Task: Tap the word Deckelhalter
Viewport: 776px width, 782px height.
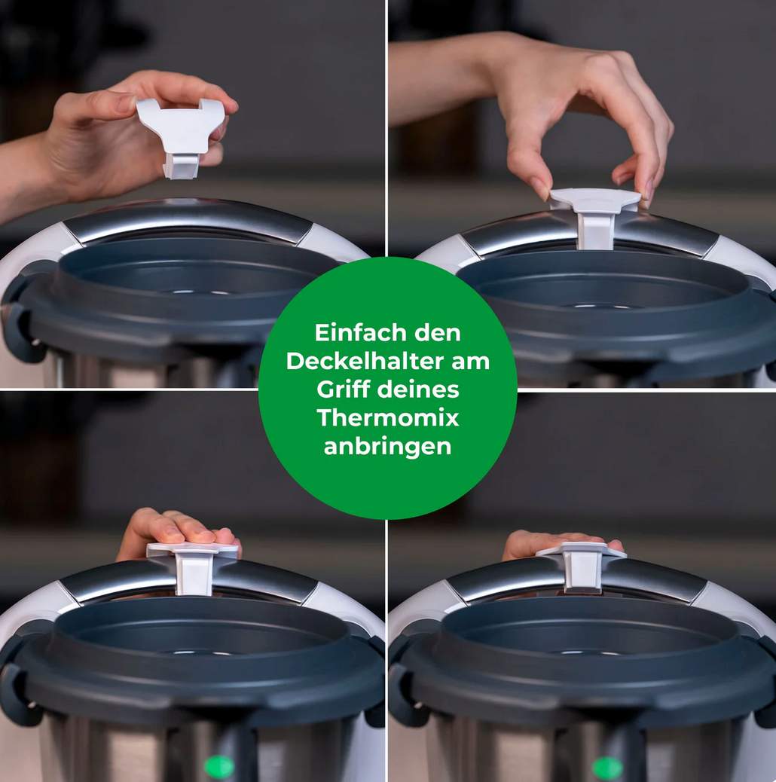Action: pos(365,361)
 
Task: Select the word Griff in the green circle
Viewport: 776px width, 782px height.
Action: pos(343,389)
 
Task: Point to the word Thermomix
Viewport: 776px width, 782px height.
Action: pos(387,418)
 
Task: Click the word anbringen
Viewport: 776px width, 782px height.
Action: pos(387,447)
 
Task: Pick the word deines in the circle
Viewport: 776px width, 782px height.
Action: pos(418,389)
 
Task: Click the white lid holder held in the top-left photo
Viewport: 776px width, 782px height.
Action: pos(182,135)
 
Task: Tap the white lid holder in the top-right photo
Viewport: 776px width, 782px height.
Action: pos(594,215)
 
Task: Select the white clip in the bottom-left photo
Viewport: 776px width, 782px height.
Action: pos(193,566)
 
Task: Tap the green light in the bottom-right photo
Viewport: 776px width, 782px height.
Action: pos(607,766)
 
